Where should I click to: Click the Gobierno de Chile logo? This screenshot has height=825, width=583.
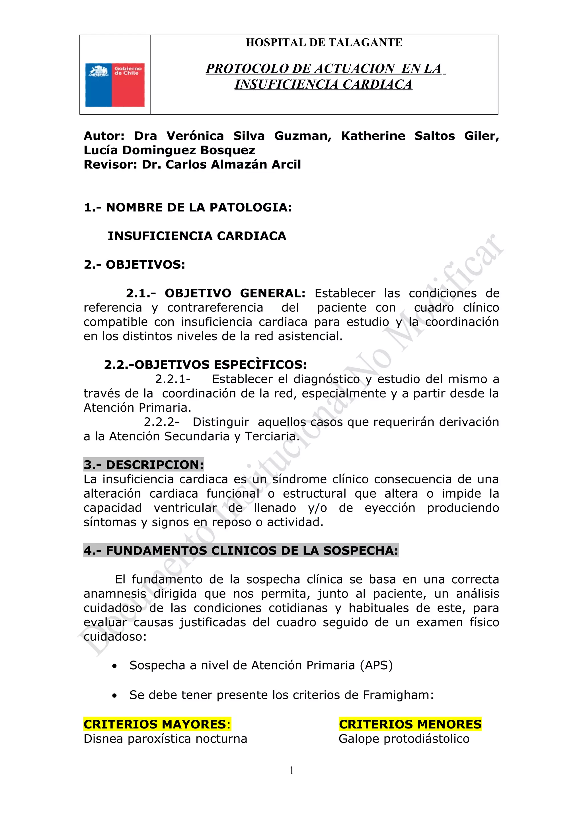(115, 85)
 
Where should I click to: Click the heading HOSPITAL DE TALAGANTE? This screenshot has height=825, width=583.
(324, 43)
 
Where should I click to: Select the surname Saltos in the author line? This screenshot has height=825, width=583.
(434, 136)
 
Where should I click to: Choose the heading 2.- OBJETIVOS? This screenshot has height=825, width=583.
(134, 265)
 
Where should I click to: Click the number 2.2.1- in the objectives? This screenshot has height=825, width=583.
(173, 379)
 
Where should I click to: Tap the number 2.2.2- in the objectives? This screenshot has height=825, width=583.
(162, 422)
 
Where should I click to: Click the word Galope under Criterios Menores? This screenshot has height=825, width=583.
(359, 739)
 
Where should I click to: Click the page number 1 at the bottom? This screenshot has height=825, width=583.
(291, 770)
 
